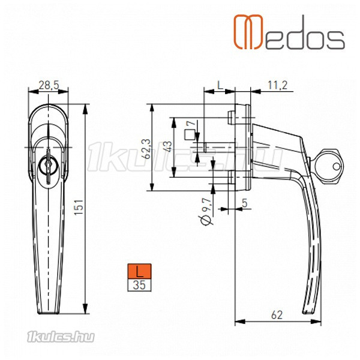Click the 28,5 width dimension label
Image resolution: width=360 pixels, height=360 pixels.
(49, 85)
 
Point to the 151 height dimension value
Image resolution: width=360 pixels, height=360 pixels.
(79, 207)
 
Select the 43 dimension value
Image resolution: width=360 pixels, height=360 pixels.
(168, 146)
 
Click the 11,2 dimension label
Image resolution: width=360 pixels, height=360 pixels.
(278, 85)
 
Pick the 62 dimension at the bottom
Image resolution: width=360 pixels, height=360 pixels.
(277, 315)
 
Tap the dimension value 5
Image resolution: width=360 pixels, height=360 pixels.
(245, 203)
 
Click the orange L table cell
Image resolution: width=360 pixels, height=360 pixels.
(139, 271)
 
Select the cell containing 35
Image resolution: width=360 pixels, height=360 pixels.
(139, 285)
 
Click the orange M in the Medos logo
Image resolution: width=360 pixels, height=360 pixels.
(248, 32)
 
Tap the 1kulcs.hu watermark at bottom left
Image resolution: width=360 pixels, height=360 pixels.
(61, 337)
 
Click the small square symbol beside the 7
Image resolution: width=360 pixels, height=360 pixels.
(190, 135)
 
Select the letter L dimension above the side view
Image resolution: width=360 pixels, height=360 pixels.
(220, 85)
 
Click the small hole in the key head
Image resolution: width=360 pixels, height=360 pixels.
(337, 166)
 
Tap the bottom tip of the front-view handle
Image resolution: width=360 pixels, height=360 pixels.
(48, 313)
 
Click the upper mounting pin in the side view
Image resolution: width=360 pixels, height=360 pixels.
(231, 118)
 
